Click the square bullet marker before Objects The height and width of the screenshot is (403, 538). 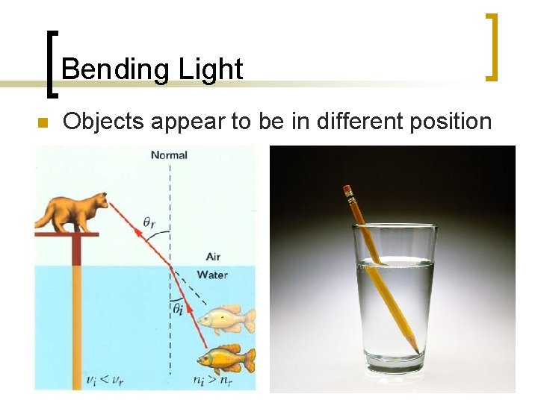(42, 122)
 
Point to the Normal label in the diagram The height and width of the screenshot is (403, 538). (169, 155)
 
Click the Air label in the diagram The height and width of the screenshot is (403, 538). (213, 257)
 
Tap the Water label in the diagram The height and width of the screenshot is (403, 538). (212, 275)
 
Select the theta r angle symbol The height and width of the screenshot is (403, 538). (150, 221)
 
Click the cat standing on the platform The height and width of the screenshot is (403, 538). (75, 210)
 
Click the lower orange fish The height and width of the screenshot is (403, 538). (228, 359)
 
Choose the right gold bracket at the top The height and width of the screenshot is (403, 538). (492, 46)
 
